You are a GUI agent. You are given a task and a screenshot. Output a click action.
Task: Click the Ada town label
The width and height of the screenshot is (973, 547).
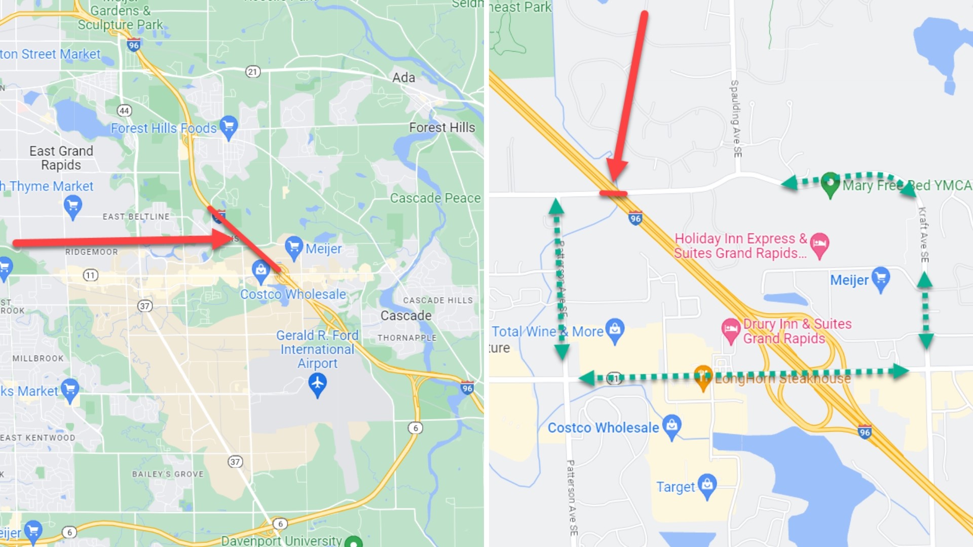(403, 77)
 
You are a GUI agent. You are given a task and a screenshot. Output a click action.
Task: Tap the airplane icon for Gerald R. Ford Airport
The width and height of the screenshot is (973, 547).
(317, 383)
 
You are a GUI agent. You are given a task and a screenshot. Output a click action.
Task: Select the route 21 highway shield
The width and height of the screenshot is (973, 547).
(253, 71)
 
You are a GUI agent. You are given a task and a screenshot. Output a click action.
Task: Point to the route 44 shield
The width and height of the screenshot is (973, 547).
(124, 110)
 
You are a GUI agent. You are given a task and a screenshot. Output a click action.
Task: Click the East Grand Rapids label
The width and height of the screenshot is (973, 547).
(61, 158)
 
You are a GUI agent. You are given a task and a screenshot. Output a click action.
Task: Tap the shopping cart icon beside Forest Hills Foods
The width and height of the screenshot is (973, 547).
(229, 126)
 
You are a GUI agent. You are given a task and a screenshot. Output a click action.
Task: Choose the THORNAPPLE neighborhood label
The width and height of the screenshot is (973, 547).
(406, 338)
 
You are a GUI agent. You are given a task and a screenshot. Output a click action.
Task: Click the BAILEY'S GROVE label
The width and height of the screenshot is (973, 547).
(168, 474)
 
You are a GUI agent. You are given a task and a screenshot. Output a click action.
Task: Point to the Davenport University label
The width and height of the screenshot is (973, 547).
(281, 540)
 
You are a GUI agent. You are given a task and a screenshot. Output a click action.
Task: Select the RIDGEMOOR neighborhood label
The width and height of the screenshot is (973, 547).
(91, 252)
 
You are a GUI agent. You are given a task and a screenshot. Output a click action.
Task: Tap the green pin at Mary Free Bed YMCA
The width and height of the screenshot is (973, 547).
(830, 183)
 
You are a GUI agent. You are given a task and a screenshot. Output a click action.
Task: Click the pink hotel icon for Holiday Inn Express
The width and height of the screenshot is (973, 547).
(819, 244)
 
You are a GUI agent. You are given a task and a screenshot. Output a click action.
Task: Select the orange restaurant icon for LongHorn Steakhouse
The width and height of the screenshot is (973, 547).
(703, 376)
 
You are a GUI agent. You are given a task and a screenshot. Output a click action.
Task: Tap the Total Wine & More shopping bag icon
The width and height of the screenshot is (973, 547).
(615, 329)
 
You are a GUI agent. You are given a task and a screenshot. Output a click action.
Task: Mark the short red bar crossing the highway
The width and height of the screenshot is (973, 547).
(613, 193)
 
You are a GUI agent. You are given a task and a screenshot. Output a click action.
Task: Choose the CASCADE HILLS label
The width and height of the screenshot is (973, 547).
(438, 300)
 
